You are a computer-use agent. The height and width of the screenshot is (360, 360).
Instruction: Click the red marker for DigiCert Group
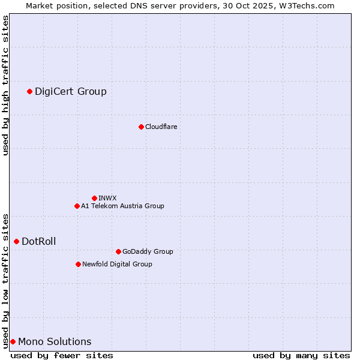tap(29, 91)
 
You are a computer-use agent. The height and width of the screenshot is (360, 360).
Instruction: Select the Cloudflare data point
tap(141, 127)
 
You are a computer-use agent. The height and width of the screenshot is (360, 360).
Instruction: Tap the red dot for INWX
tap(94, 198)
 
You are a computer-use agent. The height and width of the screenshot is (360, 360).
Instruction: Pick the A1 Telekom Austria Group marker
tap(77, 206)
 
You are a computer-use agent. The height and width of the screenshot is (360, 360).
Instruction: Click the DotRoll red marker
tap(16, 241)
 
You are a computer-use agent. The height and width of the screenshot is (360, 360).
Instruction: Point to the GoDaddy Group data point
tap(118, 251)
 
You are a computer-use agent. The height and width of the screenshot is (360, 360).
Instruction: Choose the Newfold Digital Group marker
tap(78, 264)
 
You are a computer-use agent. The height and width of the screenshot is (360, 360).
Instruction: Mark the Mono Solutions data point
tap(13, 341)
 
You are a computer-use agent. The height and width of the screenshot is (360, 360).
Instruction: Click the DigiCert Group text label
tap(71, 91)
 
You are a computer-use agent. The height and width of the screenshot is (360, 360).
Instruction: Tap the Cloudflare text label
tap(161, 127)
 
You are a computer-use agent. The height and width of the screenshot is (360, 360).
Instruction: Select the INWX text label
tap(107, 198)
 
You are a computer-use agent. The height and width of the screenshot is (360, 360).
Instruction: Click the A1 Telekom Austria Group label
tap(122, 206)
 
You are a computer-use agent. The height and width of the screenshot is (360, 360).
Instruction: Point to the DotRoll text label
tap(39, 241)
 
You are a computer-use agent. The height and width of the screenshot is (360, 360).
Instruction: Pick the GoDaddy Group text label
tap(148, 251)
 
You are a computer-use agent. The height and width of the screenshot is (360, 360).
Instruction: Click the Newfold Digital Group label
tap(117, 264)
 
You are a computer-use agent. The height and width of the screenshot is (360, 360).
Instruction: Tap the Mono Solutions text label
tap(55, 341)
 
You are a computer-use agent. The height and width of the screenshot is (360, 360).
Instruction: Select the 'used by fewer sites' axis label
tap(62, 355)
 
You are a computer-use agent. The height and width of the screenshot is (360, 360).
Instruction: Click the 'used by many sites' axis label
tap(301, 355)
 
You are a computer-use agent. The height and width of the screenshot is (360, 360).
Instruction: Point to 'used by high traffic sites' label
tap(5, 85)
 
